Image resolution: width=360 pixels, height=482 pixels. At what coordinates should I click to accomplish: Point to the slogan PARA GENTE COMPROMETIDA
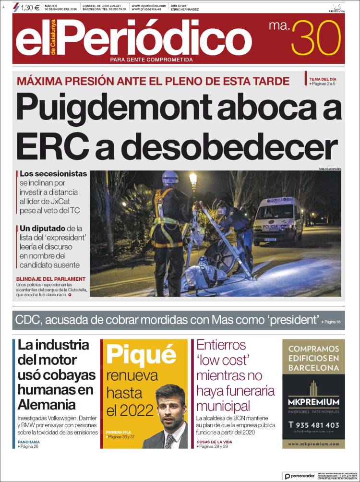pos(151,60)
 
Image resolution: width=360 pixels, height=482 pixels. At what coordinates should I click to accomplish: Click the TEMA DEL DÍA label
pos(323,79)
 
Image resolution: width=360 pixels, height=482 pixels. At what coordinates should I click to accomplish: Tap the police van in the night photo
pos(277,219)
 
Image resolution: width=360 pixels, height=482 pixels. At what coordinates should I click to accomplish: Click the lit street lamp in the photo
pos(193,180)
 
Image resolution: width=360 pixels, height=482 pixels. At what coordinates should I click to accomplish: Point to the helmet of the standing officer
pos(169,179)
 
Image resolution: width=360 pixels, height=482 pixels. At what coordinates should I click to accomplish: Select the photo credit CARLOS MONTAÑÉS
pos(329,169)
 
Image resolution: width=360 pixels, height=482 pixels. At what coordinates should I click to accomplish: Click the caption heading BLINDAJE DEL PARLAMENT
pos(50,279)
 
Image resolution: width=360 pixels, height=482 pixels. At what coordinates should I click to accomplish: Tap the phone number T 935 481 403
pos(313,425)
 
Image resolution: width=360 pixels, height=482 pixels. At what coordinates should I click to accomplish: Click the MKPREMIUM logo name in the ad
pos(313,402)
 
